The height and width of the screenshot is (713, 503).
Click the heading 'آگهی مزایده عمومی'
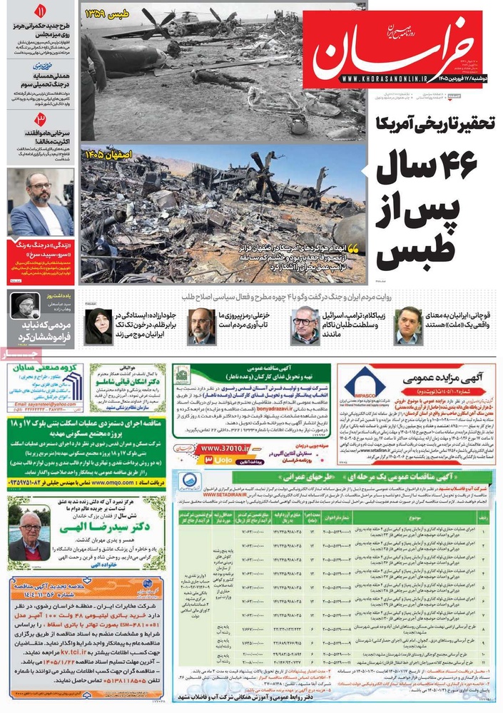pos(442,378)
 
